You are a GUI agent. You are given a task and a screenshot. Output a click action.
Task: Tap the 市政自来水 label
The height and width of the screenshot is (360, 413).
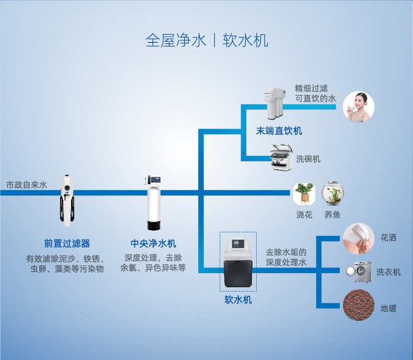[27, 185]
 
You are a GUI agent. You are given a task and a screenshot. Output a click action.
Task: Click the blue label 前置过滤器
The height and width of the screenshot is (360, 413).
[67, 243]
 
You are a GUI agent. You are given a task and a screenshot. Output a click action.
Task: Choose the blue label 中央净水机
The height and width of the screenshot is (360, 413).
[153, 243]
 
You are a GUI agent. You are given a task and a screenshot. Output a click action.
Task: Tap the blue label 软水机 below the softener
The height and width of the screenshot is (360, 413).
[238, 300]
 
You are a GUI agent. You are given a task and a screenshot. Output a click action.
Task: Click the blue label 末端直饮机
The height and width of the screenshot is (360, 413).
[279, 131]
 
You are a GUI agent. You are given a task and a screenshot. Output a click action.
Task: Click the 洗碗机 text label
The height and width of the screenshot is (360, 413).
[308, 159]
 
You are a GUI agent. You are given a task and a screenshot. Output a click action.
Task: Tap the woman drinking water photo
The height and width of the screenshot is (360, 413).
[358, 107]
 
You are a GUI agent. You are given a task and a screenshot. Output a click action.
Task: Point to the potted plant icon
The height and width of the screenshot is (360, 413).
[304, 194]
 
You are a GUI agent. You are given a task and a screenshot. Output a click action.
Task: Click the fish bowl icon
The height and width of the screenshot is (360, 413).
[332, 194]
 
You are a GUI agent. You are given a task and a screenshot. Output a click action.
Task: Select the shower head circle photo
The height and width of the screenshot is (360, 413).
[358, 239]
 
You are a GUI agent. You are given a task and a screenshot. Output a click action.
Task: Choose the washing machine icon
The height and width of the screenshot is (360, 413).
[358, 272]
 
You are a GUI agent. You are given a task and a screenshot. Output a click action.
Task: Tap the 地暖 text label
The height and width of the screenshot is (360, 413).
[388, 308]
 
